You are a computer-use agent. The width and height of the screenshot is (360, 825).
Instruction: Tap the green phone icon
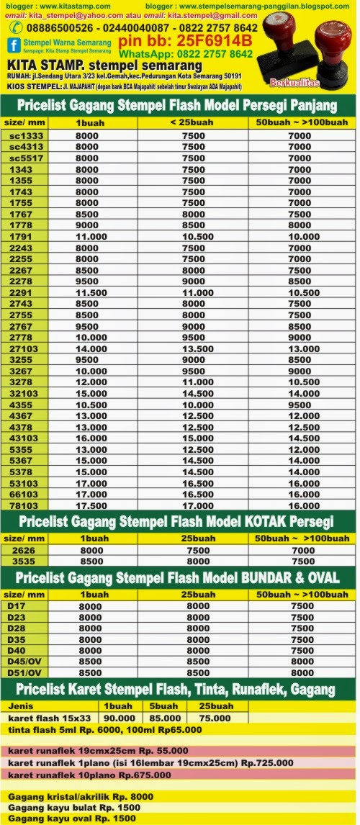pyautogui.click(x=14, y=26)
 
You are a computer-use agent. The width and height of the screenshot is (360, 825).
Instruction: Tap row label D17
pyautogui.click(x=16, y=606)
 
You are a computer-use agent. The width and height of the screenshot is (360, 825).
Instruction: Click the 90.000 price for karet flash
pyautogui.click(x=118, y=717)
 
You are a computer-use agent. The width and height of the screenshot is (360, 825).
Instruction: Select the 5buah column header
pyautogui.click(x=165, y=706)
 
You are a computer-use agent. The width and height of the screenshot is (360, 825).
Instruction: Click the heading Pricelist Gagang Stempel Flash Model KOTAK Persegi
pyautogui.click(x=176, y=521)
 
